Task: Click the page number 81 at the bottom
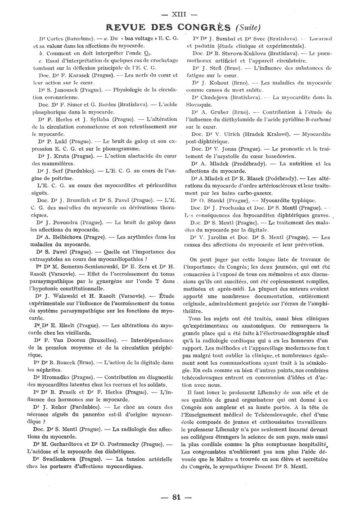(179, 497)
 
